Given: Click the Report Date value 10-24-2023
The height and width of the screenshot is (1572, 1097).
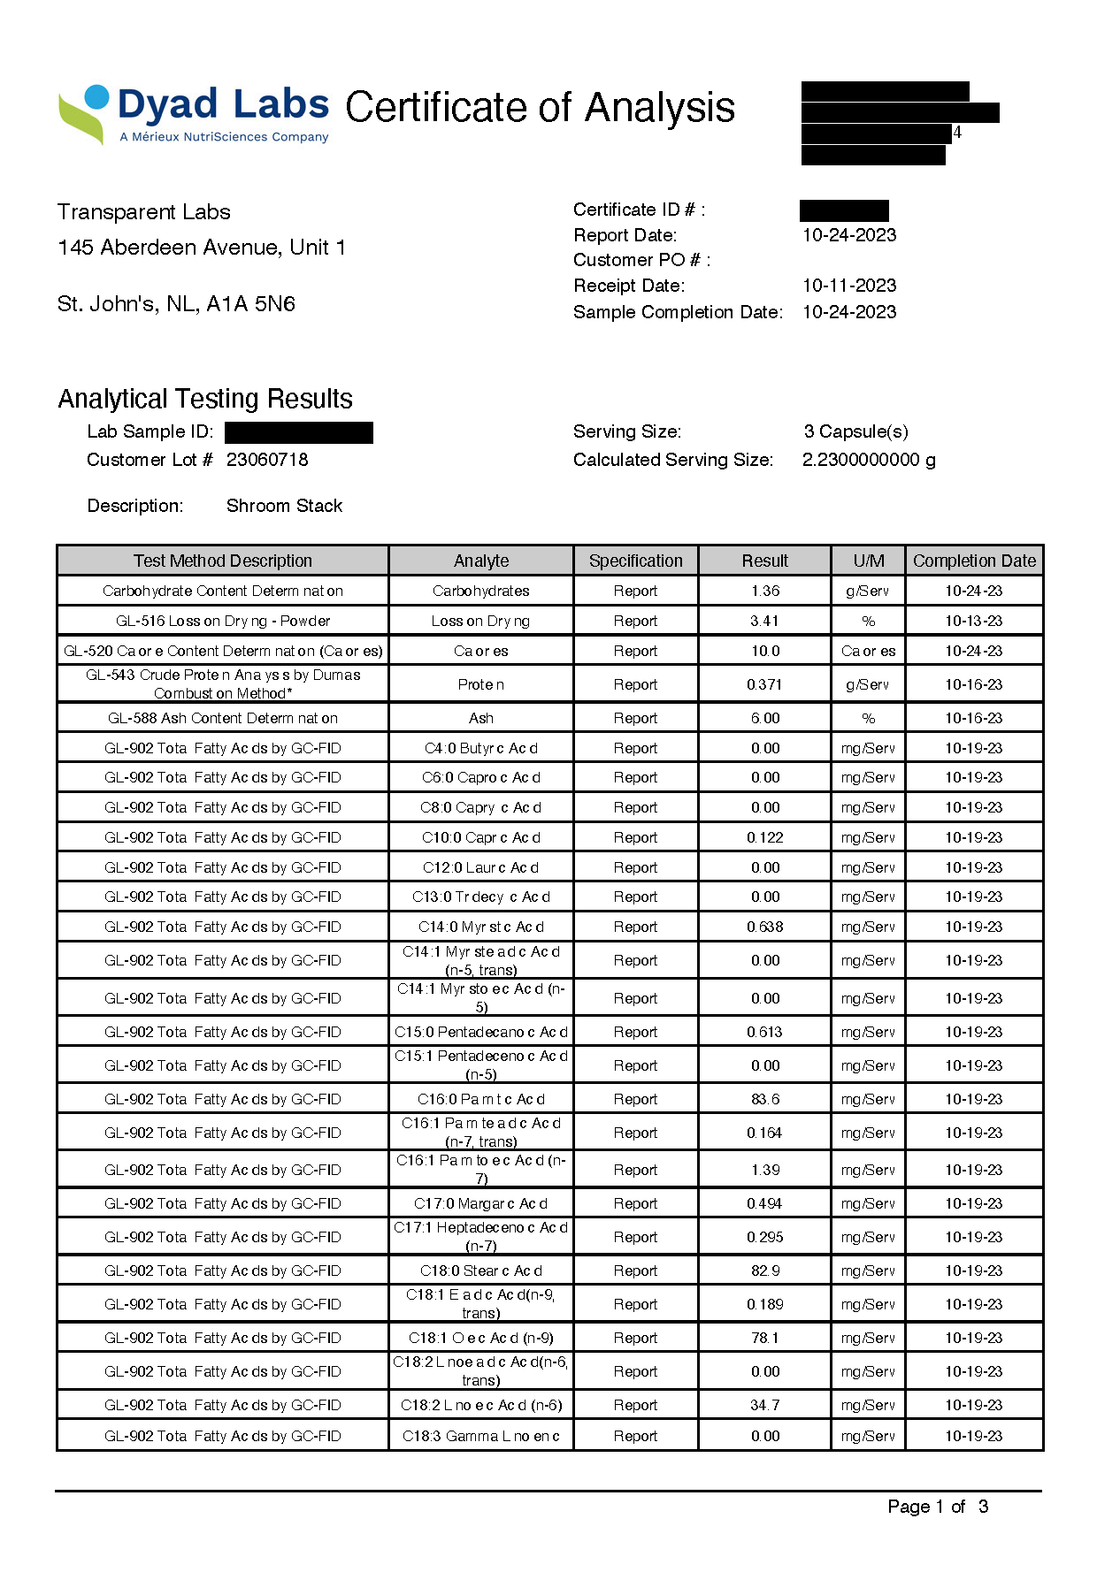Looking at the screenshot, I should click(x=848, y=235).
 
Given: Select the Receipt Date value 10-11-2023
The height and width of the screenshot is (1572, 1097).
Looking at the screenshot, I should click(x=848, y=286).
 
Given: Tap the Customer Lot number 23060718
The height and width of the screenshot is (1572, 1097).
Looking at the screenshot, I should click(x=267, y=460).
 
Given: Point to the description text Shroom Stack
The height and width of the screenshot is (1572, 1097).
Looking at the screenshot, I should click(x=284, y=506).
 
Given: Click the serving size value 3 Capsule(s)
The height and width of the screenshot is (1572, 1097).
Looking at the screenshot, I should click(x=855, y=431).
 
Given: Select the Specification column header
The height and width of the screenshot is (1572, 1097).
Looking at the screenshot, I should click(x=635, y=561).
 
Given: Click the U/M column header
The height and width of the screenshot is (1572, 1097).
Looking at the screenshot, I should click(x=868, y=561).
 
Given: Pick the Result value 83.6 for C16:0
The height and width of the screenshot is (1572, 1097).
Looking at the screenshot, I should click(x=764, y=1099).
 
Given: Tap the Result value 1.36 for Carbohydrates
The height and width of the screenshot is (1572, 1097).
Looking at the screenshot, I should click(x=764, y=591).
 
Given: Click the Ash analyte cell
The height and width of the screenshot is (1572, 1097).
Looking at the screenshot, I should click(x=481, y=718).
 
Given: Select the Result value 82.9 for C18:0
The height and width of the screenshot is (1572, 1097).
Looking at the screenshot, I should click(x=764, y=1271).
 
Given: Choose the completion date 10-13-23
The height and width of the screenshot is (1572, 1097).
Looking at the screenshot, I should click(x=973, y=621).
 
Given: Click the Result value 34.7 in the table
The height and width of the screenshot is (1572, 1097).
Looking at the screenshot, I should click(x=764, y=1405).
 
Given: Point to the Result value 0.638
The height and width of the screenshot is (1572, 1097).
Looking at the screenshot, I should click(x=764, y=927).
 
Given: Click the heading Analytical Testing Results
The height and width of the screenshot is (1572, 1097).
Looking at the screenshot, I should click(x=205, y=399).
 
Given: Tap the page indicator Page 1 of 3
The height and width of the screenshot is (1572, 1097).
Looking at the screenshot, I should click(x=938, y=1507).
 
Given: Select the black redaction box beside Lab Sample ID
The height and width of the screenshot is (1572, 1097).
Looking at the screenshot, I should click(x=299, y=432).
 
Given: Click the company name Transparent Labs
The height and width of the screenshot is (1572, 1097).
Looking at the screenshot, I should click(x=144, y=212).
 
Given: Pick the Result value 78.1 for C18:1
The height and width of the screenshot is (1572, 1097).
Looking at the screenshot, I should click(x=764, y=1338).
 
